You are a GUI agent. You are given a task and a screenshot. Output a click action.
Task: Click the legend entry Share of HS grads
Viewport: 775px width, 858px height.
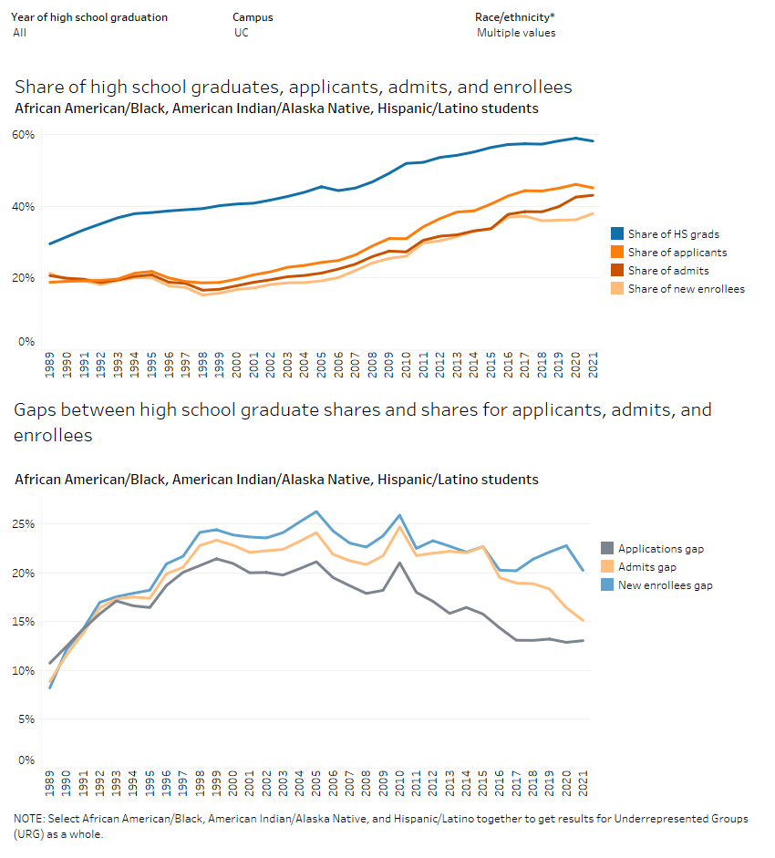(673, 234)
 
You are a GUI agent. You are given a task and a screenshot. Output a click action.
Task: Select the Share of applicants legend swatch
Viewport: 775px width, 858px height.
(616, 253)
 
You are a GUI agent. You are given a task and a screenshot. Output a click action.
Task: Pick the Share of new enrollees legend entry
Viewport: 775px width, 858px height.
(686, 289)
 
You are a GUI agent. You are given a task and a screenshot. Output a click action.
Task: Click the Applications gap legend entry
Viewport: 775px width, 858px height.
(661, 549)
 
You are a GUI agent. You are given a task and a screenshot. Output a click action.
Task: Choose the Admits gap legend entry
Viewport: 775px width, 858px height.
(647, 567)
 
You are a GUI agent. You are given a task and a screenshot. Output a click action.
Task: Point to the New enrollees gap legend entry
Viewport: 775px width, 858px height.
(665, 585)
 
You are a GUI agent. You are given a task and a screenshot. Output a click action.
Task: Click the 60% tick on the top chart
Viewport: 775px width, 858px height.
(23, 135)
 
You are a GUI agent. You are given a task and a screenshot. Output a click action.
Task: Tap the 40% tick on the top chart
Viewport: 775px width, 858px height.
(23, 207)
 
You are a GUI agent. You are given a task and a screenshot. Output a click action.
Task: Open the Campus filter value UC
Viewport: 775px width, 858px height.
(241, 33)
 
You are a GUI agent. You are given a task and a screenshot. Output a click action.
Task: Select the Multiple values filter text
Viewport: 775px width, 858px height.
(515, 33)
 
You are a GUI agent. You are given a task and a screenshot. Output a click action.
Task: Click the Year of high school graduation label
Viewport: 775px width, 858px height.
(88, 17)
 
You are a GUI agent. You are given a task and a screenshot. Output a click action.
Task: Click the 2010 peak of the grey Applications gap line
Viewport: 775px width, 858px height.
(399, 563)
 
